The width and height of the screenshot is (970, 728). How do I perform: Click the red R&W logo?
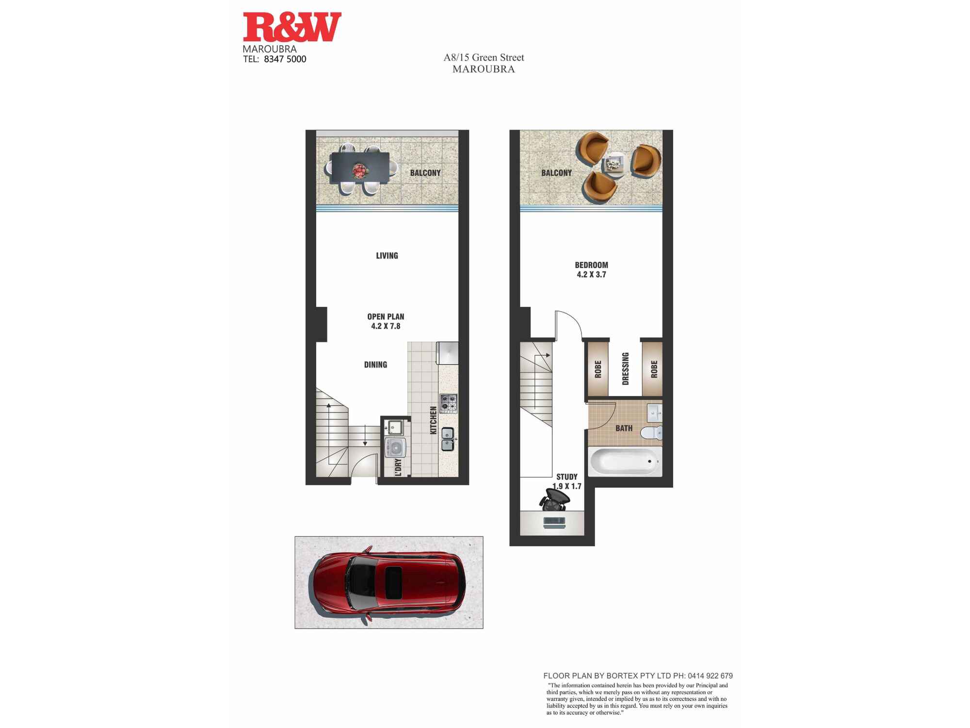[292, 27]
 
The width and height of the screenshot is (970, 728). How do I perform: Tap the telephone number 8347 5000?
[285, 59]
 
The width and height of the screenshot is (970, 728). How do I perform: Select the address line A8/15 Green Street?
[484, 57]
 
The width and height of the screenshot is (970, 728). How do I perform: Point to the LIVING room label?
[387, 256]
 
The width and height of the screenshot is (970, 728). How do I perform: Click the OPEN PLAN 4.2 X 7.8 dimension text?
[386, 321]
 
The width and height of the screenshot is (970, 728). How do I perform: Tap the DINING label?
[375, 364]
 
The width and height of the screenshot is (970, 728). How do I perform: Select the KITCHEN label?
[433, 420]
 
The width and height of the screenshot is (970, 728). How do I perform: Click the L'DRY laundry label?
[398, 467]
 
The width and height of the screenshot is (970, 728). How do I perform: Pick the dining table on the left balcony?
[359, 168]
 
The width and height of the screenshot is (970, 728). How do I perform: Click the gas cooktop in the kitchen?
[448, 403]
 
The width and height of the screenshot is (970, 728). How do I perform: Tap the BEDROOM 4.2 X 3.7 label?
[591, 270]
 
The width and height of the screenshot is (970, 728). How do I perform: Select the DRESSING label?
[625, 369]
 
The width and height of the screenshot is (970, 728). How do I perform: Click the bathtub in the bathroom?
[624, 461]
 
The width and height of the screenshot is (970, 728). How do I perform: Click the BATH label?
[624, 428]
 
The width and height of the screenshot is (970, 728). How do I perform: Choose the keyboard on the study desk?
[554, 522]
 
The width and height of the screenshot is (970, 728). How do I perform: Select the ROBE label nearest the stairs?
[598, 369]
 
